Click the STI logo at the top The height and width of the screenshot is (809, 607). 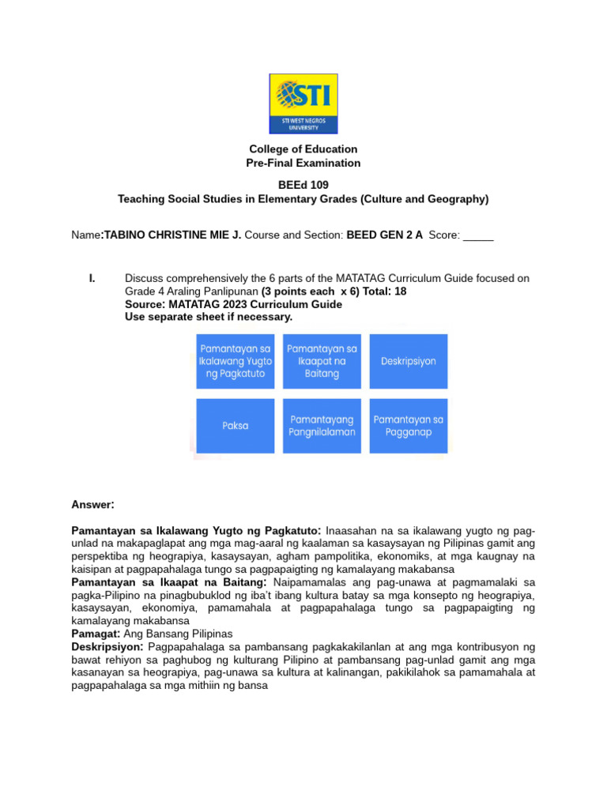click(x=303, y=103)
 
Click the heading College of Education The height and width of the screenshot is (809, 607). click(x=303, y=149)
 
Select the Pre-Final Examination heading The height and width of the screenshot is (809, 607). click(x=303, y=164)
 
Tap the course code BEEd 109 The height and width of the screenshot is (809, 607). click(x=303, y=186)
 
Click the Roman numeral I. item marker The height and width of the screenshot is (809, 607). click(x=92, y=278)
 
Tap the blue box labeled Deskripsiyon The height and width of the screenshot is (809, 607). click(x=409, y=361)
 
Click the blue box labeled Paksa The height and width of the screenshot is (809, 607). click(x=236, y=426)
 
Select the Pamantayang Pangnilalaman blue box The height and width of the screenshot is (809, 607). click(x=322, y=426)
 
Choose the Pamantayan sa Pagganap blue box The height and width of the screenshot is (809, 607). click(x=409, y=426)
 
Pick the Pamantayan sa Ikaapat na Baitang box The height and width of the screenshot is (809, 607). click(x=322, y=361)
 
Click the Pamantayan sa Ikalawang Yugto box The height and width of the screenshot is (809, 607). click(x=236, y=361)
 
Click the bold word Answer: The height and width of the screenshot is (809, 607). click(x=93, y=505)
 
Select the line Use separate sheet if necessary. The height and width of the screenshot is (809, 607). click(x=209, y=317)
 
